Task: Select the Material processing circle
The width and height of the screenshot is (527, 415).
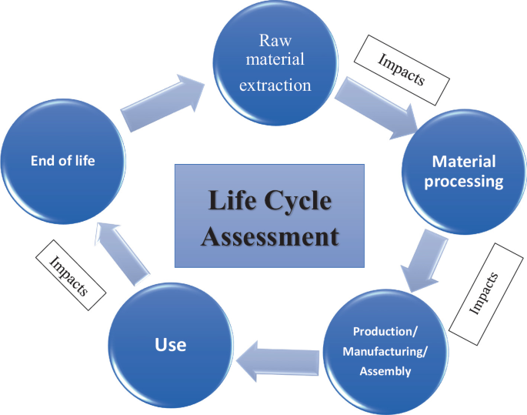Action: coord(463,171)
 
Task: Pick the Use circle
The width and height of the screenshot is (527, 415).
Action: coord(170,344)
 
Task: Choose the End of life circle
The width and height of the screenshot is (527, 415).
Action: coord(62,161)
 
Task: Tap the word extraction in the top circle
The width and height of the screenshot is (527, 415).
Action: coord(275,85)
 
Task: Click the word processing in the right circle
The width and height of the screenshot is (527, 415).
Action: coord(463,182)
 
